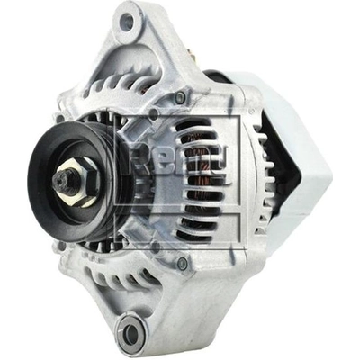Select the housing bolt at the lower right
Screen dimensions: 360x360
point(182,264)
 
